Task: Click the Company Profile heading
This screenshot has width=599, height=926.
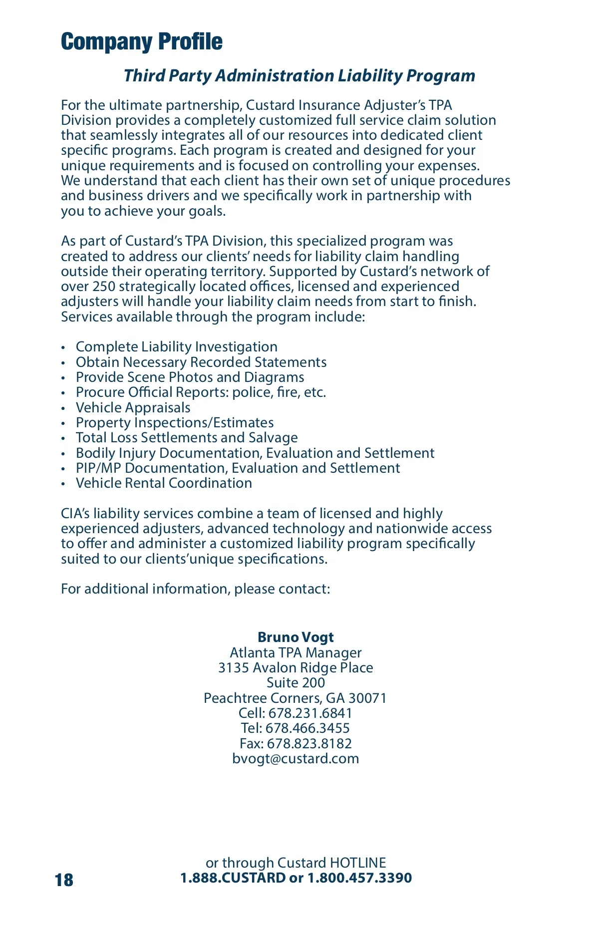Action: click(142, 41)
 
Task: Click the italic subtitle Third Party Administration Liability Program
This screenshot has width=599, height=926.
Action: click(299, 75)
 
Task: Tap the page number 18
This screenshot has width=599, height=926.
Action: click(64, 880)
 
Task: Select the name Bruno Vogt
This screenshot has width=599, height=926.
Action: click(296, 637)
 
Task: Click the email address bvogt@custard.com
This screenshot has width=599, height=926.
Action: click(296, 758)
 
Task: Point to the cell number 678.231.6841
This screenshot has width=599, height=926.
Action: click(310, 713)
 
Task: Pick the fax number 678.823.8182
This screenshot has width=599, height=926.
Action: click(309, 743)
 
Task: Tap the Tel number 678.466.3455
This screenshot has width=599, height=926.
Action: click(307, 728)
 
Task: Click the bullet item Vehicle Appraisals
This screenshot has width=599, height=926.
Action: click(133, 407)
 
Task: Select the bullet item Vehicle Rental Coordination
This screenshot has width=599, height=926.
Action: click(164, 483)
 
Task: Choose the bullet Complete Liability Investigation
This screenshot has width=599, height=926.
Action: click(176, 346)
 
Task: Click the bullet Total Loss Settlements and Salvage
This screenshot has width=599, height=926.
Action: click(187, 437)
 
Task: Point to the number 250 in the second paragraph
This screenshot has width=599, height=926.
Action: click(103, 286)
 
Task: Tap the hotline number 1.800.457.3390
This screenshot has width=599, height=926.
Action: click(359, 878)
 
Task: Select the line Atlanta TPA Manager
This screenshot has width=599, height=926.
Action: click(296, 652)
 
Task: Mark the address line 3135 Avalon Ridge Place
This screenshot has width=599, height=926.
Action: click(296, 667)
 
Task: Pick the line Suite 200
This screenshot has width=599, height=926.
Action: click(296, 682)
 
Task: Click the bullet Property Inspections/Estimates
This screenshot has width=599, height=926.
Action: click(175, 422)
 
